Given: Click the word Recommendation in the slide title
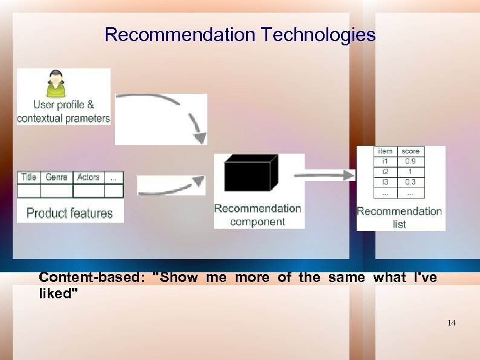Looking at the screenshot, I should [x=181, y=34].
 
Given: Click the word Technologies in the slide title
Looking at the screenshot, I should [x=319, y=34].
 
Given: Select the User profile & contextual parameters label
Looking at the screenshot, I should [x=63, y=112].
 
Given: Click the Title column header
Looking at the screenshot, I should [x=29, y=177].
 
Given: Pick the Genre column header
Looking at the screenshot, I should [x=56, y=177].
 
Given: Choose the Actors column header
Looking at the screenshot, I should [x=88, y=177].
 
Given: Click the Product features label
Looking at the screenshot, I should [x=70, y=213].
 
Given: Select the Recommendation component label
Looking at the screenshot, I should [x=258, y=215].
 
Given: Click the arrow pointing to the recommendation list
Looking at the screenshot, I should [x=329, y=175].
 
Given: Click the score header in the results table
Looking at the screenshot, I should [x=410, y=151].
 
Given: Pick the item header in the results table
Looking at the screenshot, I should [x=385, y=151].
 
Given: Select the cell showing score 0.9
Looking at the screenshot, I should [x=410, y=162].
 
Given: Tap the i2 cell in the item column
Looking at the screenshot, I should [x=385, y=172].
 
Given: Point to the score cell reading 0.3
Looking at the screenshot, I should [x=410, y=182].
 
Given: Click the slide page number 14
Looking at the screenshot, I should [x=452, y=323].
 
